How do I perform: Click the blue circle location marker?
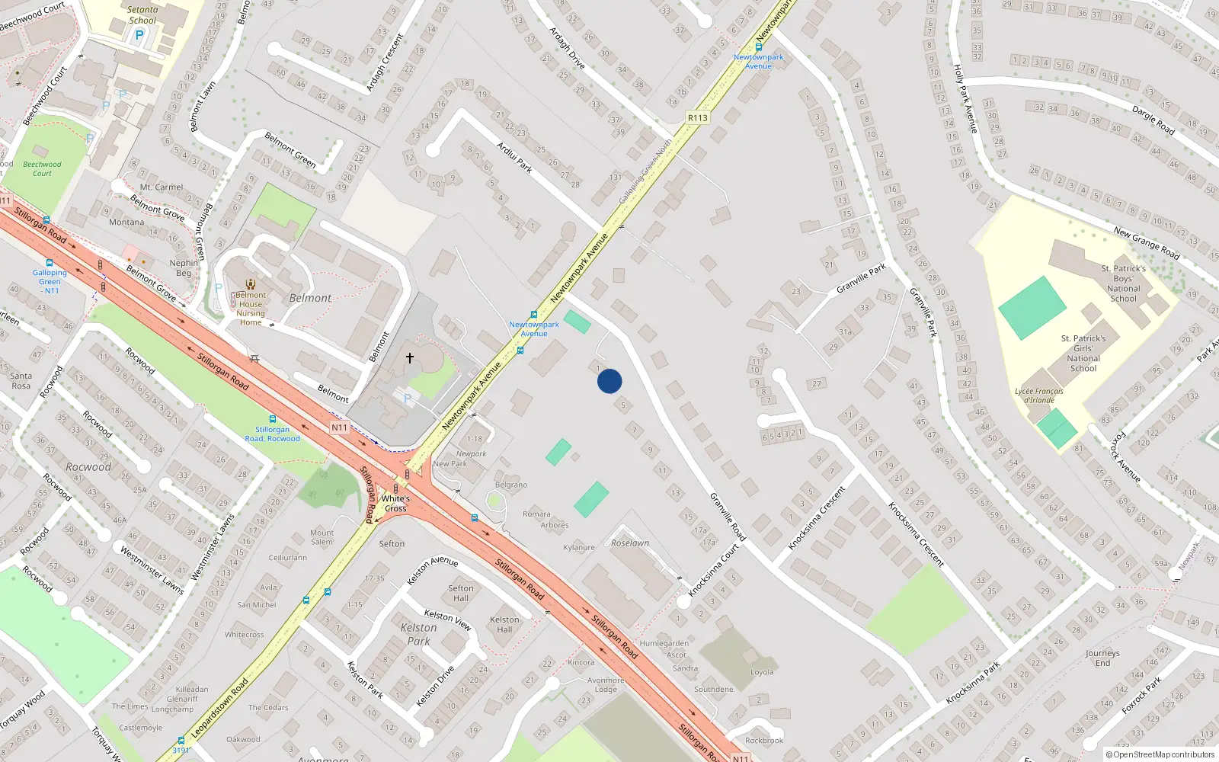pyautogui.click(x=609, y=381)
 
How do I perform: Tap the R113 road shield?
pyautogui.click(x=697, y=118)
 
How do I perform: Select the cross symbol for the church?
pyautogui.click(x=410, y=357)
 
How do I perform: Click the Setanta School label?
pyautogui.click(x=142, y=15)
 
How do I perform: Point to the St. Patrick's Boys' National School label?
pyautogui.click(x=1124, y=283)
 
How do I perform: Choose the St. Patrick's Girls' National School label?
pyautogui.click(x=1083, y=353)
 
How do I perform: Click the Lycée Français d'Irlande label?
pyautogui.click(x=1039, y=395)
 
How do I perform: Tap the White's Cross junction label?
pyautogui.click(x=395, y=504)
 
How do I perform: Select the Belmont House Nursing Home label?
pyautogui.click(x=251, y=309)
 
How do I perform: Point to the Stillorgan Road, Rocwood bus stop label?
pyautogui.click(x=273, y=434)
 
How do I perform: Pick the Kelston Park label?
pyautogui.click(x=419, y=634)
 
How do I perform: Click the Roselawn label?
pyautogui.click(x=630, y=543)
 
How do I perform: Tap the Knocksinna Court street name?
pyautogui.click(x=714, y=570)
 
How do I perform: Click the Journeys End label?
pyautogui.click(x=1102, y=658)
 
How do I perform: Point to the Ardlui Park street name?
pyautogui.click(x=514, y=157)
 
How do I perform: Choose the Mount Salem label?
pyautogui.click(x=322, y=537)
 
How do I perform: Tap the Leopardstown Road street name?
pyautogui.click(x=219, y=708)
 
